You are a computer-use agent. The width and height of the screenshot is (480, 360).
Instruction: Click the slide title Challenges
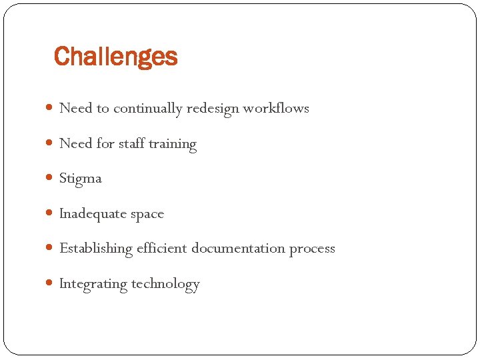[x=115, y=57]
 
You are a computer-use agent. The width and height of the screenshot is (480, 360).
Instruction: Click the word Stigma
[x=81, y=179]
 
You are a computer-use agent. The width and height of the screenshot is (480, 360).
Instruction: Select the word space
[x=147, y=214]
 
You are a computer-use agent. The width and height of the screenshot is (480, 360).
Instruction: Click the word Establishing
[x=96, y=249]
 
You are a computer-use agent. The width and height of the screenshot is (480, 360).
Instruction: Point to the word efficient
[x=162, y=249]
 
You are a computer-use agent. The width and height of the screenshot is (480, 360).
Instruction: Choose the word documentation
[x=238, y=249]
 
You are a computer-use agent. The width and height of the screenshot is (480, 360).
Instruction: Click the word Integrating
[x=93, y=284]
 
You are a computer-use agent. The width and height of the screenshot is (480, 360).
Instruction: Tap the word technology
[x=165, y=284]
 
